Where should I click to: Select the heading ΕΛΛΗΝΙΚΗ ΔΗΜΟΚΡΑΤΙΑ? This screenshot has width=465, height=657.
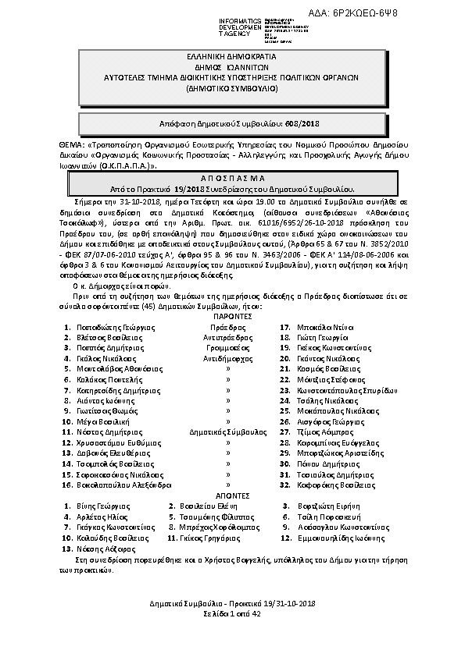click(231, 57)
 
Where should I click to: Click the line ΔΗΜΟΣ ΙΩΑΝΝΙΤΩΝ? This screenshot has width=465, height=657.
click(231, 68)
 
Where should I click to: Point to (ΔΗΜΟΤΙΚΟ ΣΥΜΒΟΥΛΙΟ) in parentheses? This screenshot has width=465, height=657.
click(231, 90)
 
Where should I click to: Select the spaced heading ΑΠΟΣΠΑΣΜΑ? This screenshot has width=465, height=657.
click(231, 179)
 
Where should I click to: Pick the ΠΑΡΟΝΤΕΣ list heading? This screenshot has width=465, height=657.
click(231, 318)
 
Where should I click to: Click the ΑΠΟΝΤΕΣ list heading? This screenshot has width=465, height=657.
click(231, 495)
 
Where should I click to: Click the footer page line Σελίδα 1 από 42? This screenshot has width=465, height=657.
click(231, 614)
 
